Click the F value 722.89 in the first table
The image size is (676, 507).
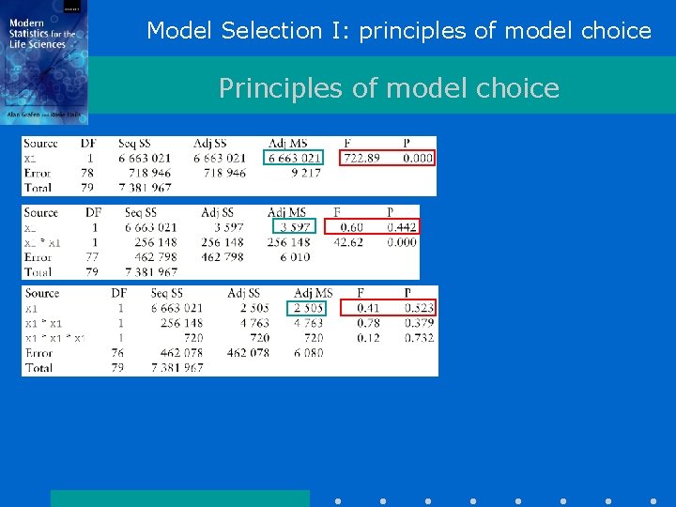(361, 158)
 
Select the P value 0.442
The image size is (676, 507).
(401, 227)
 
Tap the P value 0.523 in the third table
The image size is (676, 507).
(419, 308)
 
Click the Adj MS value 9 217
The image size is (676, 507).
(305, 173)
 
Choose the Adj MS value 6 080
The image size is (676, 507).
(308, 353)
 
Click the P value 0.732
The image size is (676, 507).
(419, 338)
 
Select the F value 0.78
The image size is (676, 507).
(367, 323)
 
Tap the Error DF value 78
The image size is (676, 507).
(87, 173)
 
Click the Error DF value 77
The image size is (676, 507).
(92, 257)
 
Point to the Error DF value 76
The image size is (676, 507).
(118, 353)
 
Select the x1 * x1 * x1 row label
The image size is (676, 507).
(55, 338)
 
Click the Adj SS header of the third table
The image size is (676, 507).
(243, 294)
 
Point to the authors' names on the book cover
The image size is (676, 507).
(43, 114)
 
